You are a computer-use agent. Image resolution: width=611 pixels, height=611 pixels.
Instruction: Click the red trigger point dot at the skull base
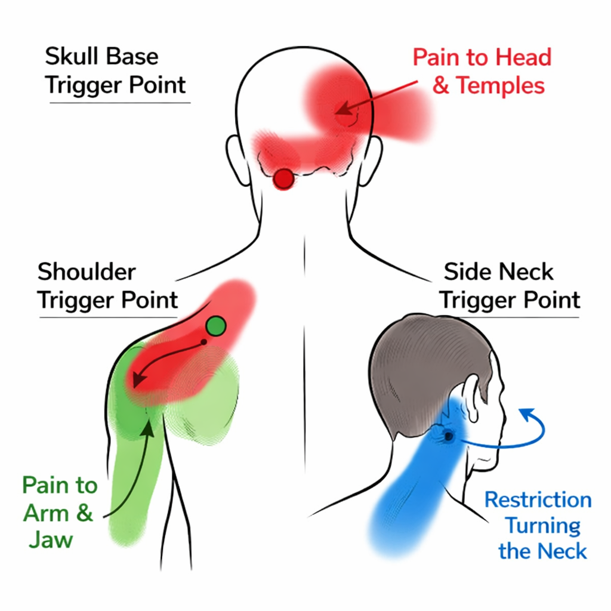[284, 178]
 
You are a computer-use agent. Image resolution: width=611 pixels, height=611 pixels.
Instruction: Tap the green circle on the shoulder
[216, 326]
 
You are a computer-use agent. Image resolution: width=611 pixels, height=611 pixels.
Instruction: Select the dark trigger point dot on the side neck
[448, 436]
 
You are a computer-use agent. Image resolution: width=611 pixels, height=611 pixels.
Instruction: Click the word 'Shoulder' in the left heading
[87, 272]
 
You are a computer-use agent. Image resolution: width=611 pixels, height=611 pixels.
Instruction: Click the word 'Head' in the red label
[523, 57]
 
